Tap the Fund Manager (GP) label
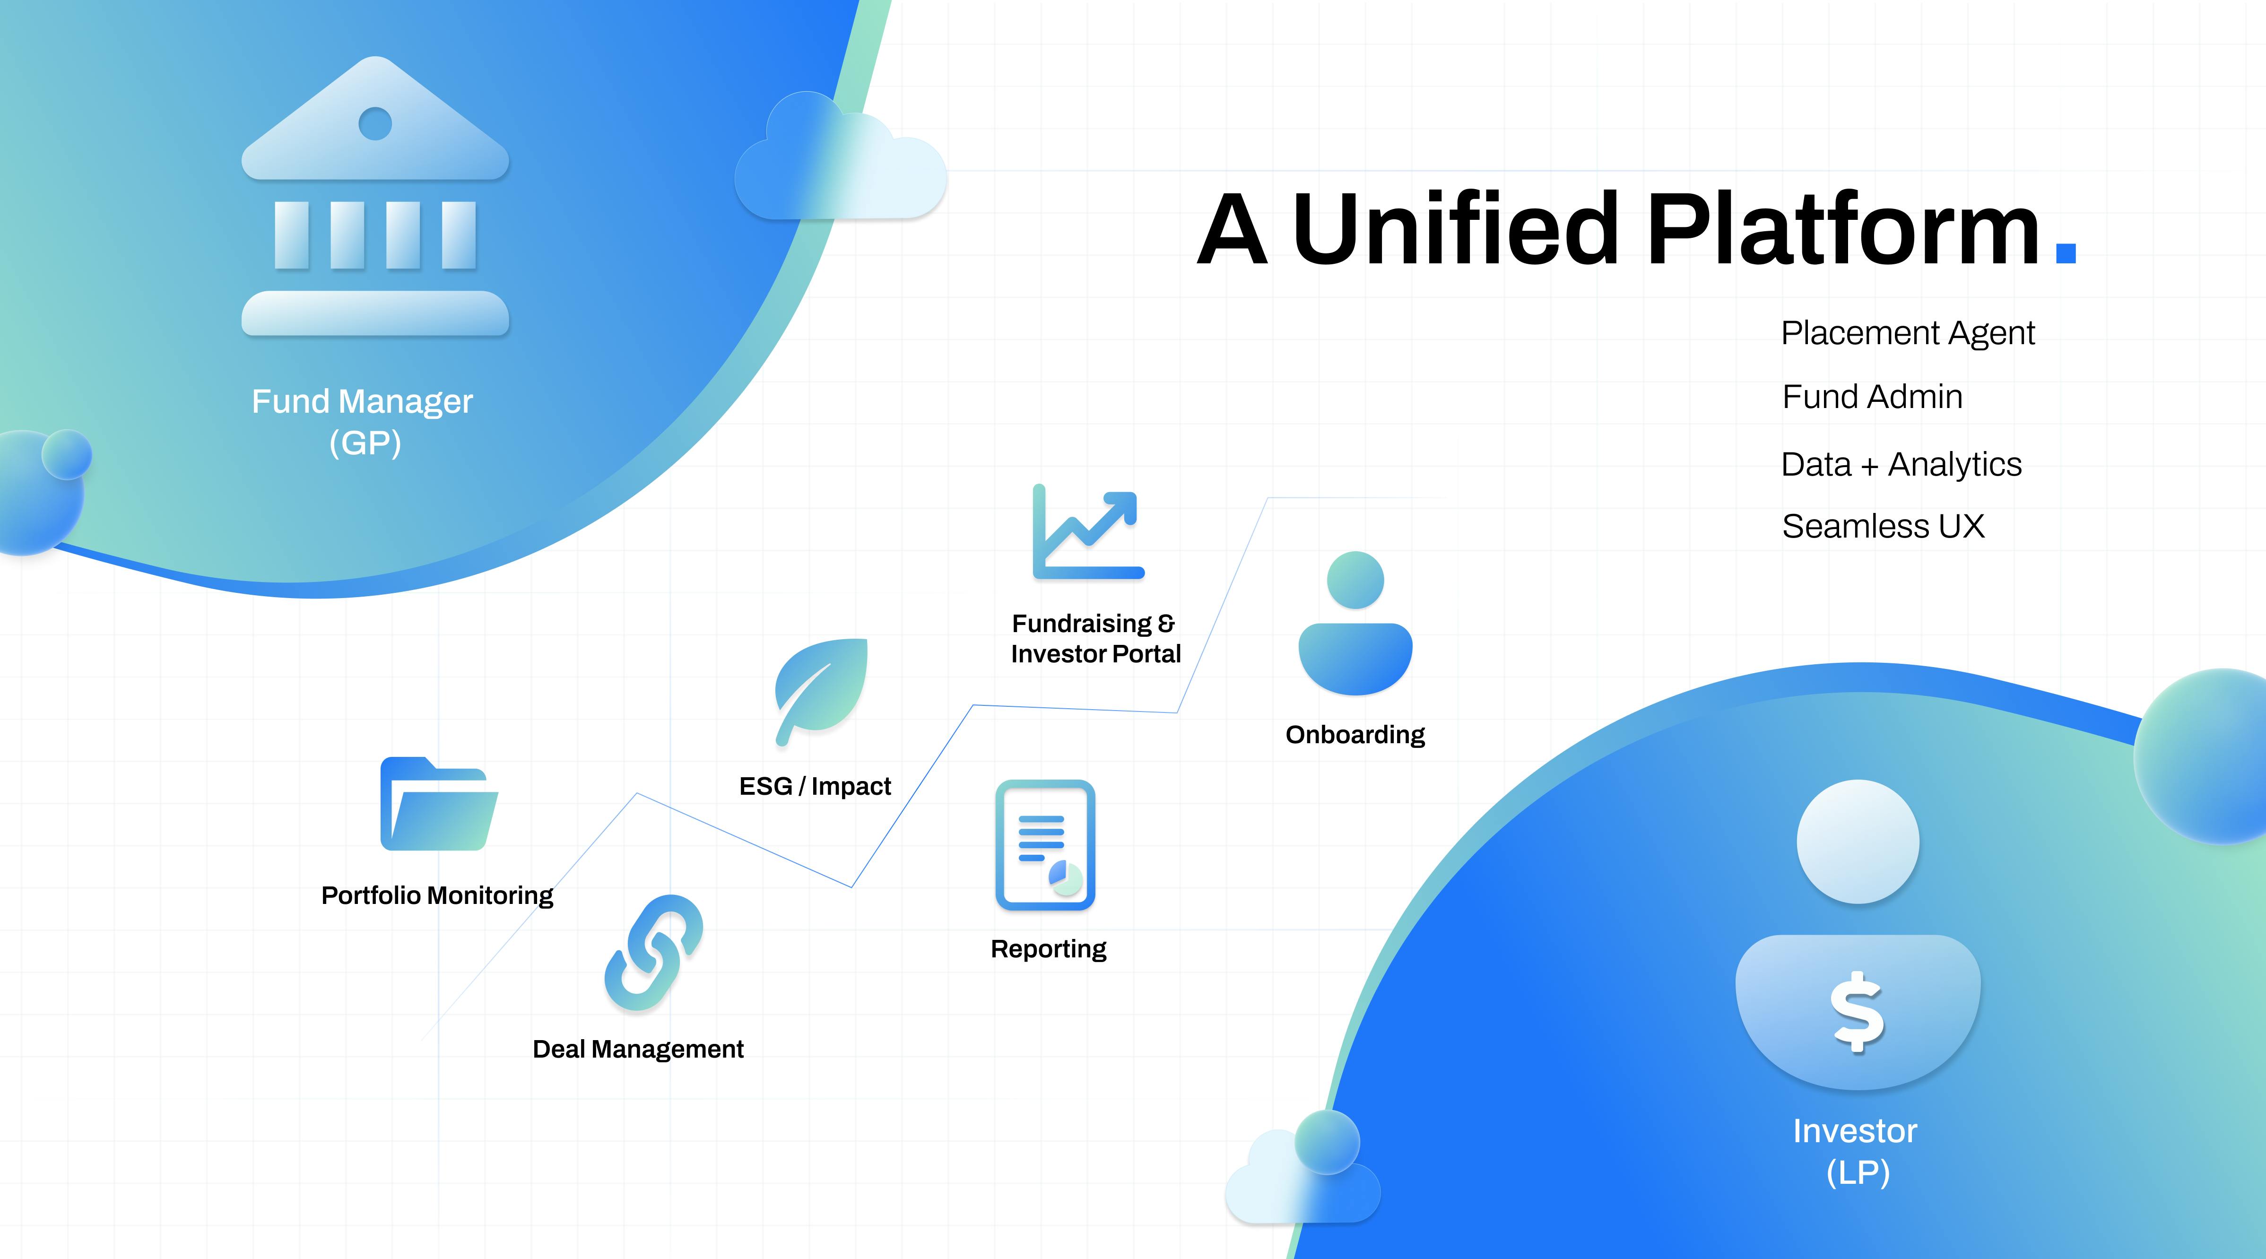pos(363,421)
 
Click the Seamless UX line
pos(1883,526)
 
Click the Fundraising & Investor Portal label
pos(1095,639)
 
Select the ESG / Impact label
pos(815,786)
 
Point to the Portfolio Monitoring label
pos(437,895)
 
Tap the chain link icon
pos(653,952)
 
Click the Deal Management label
pos(638,1049)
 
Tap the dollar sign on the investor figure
pos(1857,1012)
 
